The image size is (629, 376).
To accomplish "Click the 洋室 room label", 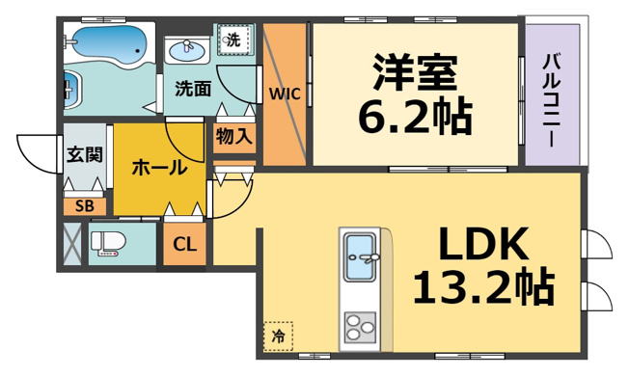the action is click(x=415, y=72).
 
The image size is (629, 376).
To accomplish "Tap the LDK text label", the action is click(x=483, y=244).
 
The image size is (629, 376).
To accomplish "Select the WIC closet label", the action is click(x=285, y=94).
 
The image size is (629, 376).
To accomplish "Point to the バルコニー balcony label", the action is click(x=552, y=101).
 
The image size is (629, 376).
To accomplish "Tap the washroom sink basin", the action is click(x=187, y=51).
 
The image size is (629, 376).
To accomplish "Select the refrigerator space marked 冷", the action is click(x=279, y=336).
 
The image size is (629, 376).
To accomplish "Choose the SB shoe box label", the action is click(x=85, y=206).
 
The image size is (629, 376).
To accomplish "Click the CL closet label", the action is click(x=184, y=244).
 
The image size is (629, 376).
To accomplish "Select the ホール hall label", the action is click(x=159, y=167).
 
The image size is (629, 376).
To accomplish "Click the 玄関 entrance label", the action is click(x=85, y=154).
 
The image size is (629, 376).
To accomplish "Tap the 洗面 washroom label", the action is click(x=193, y=89).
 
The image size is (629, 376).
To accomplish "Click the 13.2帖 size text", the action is click(x=483, y=286).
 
